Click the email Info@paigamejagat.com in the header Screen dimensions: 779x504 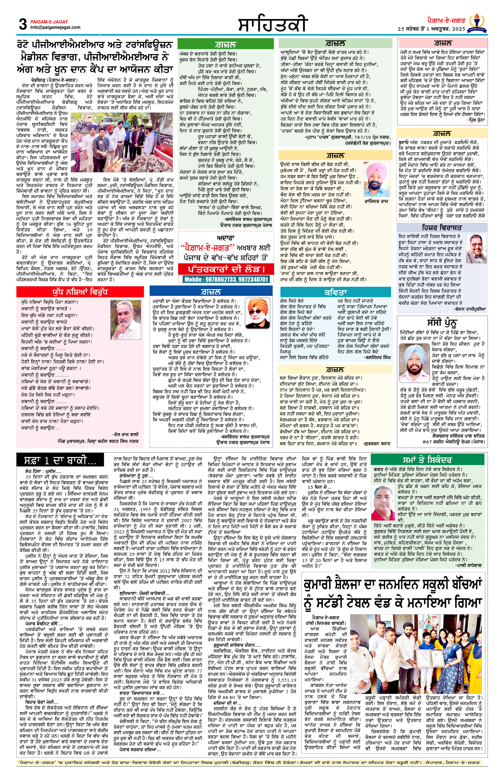tap(55, 27)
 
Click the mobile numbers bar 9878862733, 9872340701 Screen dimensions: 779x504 tap(226, 279)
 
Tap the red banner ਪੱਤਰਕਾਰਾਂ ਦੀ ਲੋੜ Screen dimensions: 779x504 tap(226, 269)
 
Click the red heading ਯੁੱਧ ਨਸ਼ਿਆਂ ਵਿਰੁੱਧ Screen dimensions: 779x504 tap(80, 292)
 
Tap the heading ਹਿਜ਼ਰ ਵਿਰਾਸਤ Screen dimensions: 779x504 tap(442, 228)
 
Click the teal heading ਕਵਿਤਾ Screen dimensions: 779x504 tap(335, 292)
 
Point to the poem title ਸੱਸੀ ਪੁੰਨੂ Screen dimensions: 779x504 tap(442, 322)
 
